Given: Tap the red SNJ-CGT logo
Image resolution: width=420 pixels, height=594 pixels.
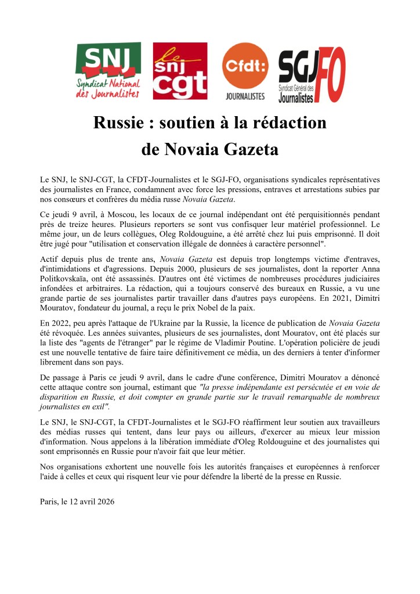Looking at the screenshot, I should (180, 71).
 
